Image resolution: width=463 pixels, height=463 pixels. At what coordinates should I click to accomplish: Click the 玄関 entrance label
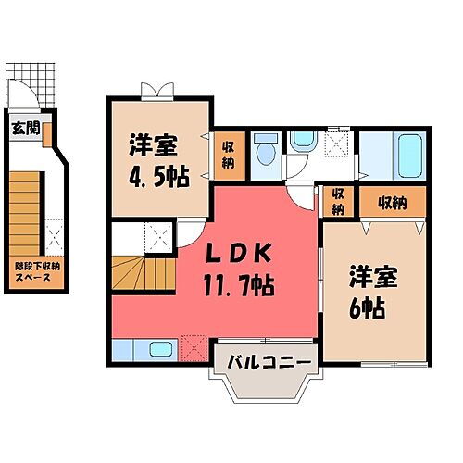point(26,129)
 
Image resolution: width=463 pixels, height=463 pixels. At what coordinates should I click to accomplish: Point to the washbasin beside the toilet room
point(303,142)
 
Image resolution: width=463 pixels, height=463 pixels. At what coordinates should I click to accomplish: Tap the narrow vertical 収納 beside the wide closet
point(339,201)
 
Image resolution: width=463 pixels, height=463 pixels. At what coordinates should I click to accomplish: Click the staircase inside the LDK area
point(144,272)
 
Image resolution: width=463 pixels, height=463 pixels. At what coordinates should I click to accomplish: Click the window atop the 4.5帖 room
point(156,90)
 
